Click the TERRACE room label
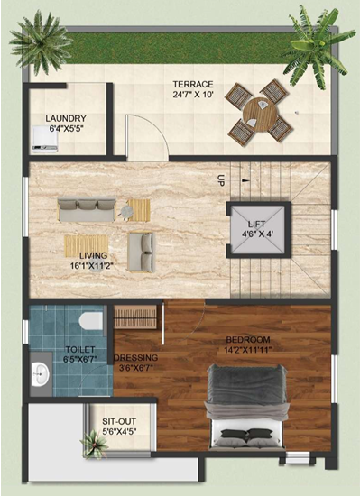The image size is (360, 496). tap(193, 85)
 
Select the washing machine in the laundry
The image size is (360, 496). tap(44, 138)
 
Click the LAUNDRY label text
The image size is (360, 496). tap(66, 119)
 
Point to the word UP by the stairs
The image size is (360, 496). tap(221, 180)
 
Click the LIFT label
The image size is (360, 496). tap(256, 225)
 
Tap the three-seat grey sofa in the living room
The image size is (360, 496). tap(87, 210)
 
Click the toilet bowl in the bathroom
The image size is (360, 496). tap(91, 321)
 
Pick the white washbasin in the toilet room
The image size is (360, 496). tap(41, 374)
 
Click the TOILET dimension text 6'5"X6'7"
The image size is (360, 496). tap(80, 359)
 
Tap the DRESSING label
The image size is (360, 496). tap(136, 358)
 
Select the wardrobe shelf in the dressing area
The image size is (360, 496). tap(135, 317)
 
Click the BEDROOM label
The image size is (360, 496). tap(248, 340)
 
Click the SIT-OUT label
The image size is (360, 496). tap(119, 422)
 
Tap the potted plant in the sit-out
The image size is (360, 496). tap(94, 442)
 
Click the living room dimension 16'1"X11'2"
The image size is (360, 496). tap(92, 265)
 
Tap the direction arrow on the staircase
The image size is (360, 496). tap(245, 180)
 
